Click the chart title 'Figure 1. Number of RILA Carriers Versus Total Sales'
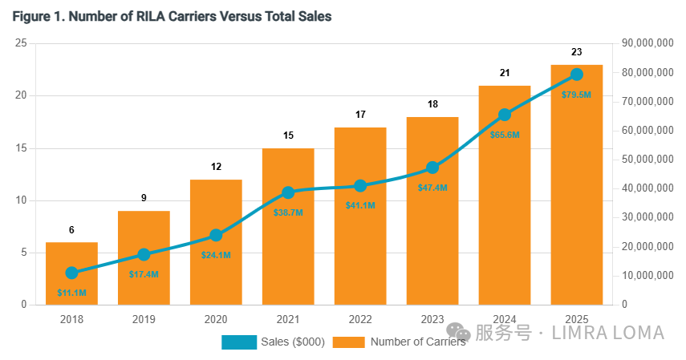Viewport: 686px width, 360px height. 172,17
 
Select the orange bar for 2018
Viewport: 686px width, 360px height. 71,273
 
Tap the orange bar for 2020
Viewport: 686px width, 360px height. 216,242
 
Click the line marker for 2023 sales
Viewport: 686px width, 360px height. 432,168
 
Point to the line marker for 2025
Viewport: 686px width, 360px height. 577,75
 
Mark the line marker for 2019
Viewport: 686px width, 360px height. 144,255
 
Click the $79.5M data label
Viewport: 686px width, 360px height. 577,95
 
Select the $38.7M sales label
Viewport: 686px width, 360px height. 288,212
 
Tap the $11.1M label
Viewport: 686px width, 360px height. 71,293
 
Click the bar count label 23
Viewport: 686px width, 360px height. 577,52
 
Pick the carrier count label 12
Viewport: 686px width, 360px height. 216,167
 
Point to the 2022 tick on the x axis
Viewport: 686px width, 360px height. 360,320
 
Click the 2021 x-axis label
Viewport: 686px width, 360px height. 288,320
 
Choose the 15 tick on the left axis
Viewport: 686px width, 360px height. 21,148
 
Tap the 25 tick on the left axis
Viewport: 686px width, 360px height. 21,43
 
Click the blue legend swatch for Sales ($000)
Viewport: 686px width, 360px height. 239,342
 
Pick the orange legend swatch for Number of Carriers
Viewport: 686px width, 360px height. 349,342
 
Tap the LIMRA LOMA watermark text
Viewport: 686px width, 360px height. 608,333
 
